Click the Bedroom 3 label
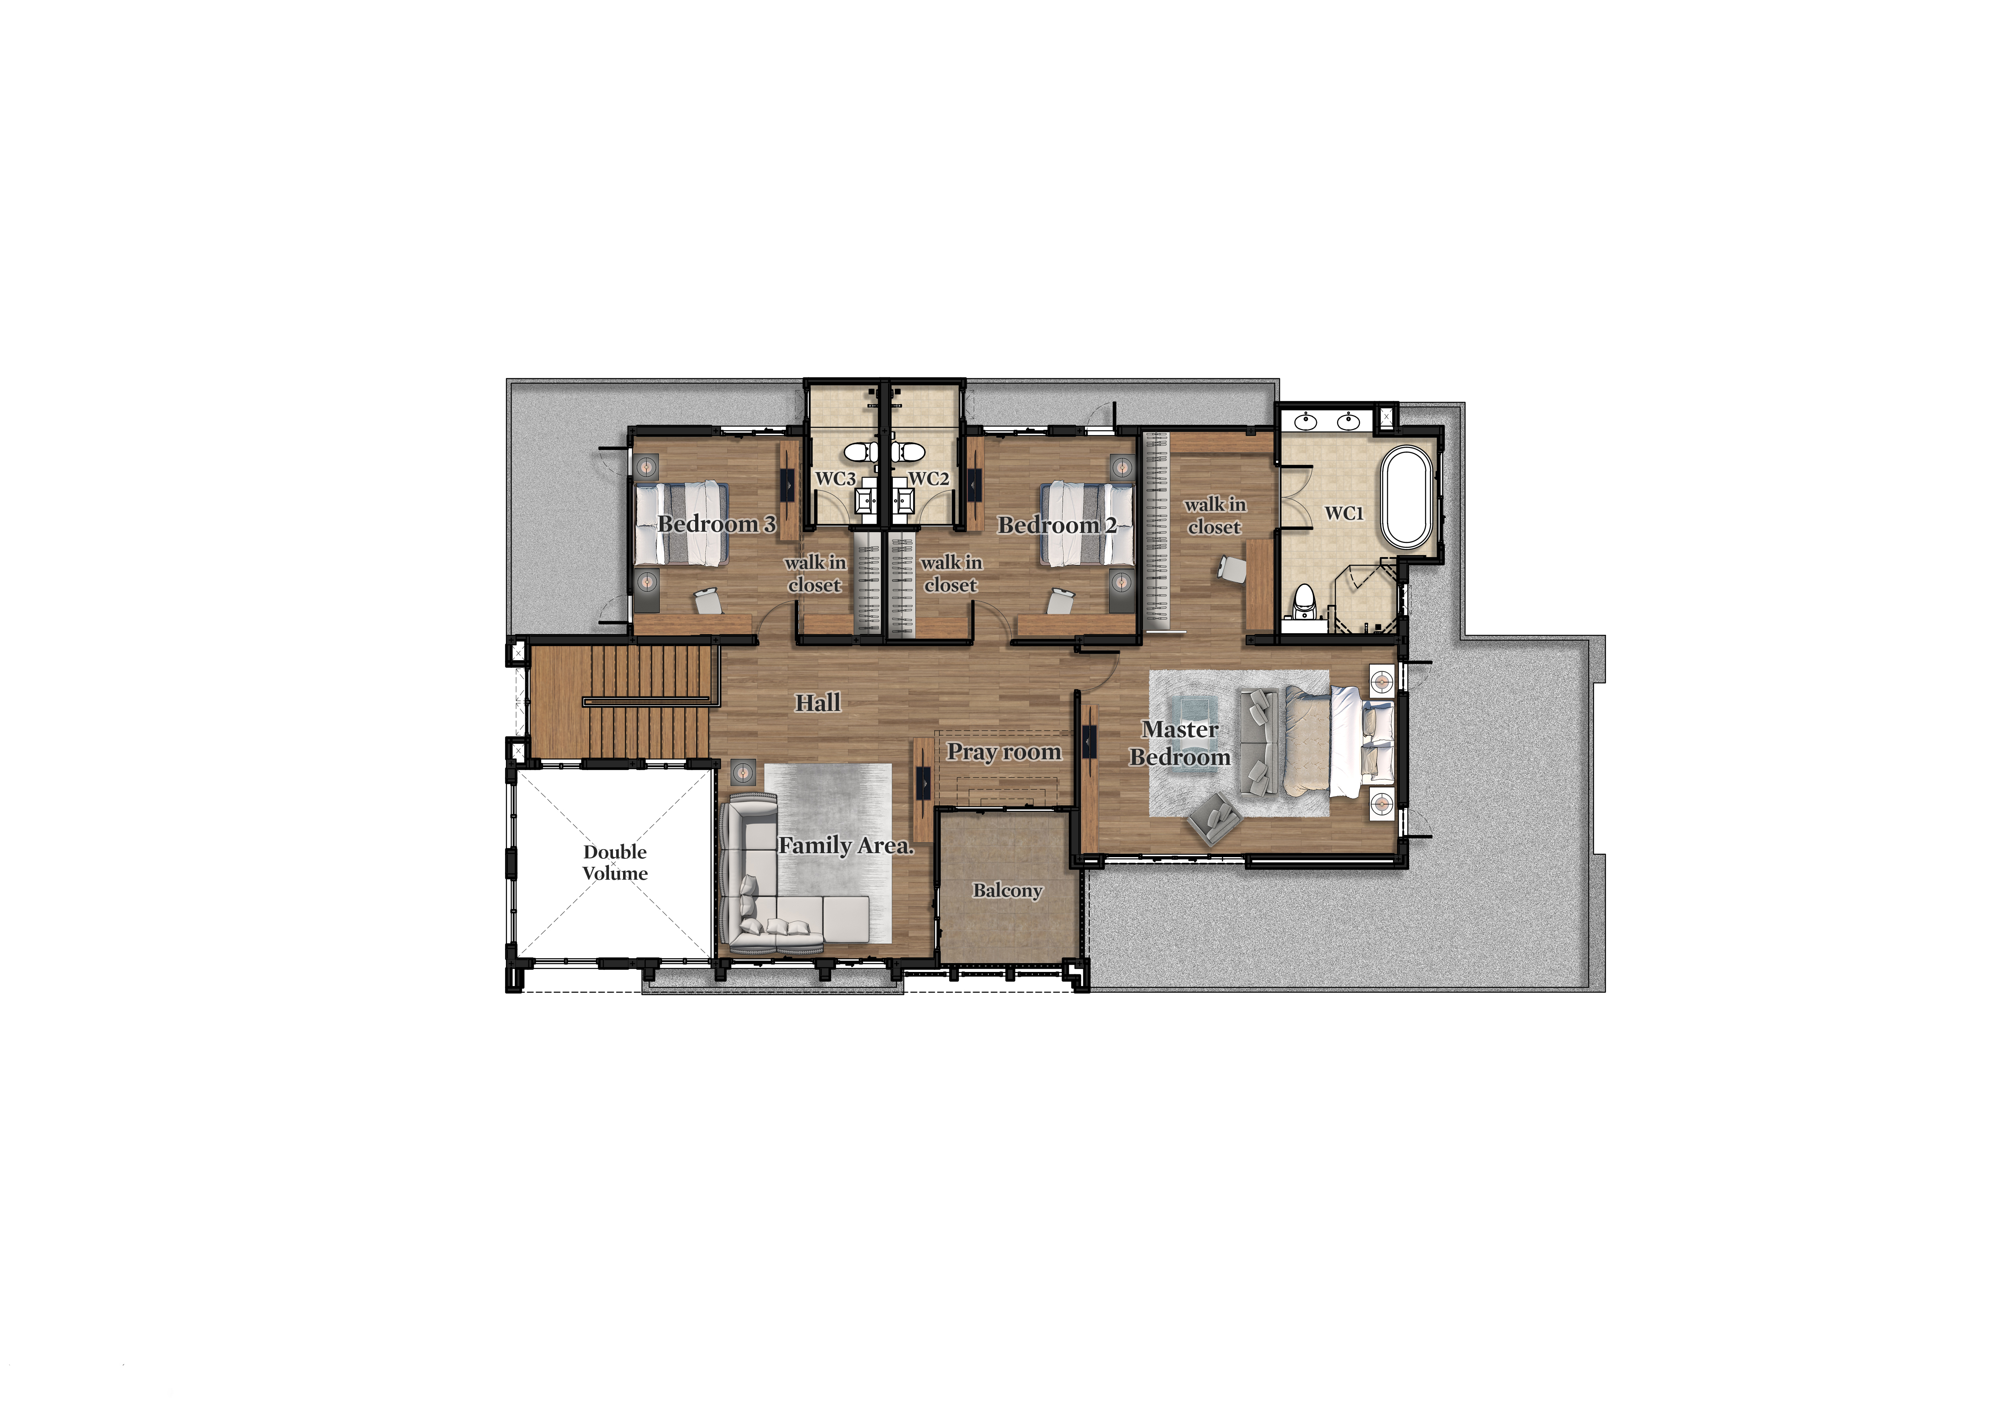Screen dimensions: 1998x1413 (x=716, y=524)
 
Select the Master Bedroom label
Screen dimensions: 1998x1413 (x=1180, y=743)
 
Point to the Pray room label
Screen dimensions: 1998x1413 (x=1004, y=752)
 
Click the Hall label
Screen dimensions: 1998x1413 (x=818, y=703)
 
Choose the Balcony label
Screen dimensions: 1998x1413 (x=1008, y=890)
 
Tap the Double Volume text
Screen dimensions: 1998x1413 (x=615, y=862)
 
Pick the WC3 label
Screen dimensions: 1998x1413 (x=835, y=479)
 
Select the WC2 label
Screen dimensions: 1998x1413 (x=930, y=479)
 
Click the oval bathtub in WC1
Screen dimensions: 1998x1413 (x=1407, y=497)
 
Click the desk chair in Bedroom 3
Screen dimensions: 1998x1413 (x=708, y=600)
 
